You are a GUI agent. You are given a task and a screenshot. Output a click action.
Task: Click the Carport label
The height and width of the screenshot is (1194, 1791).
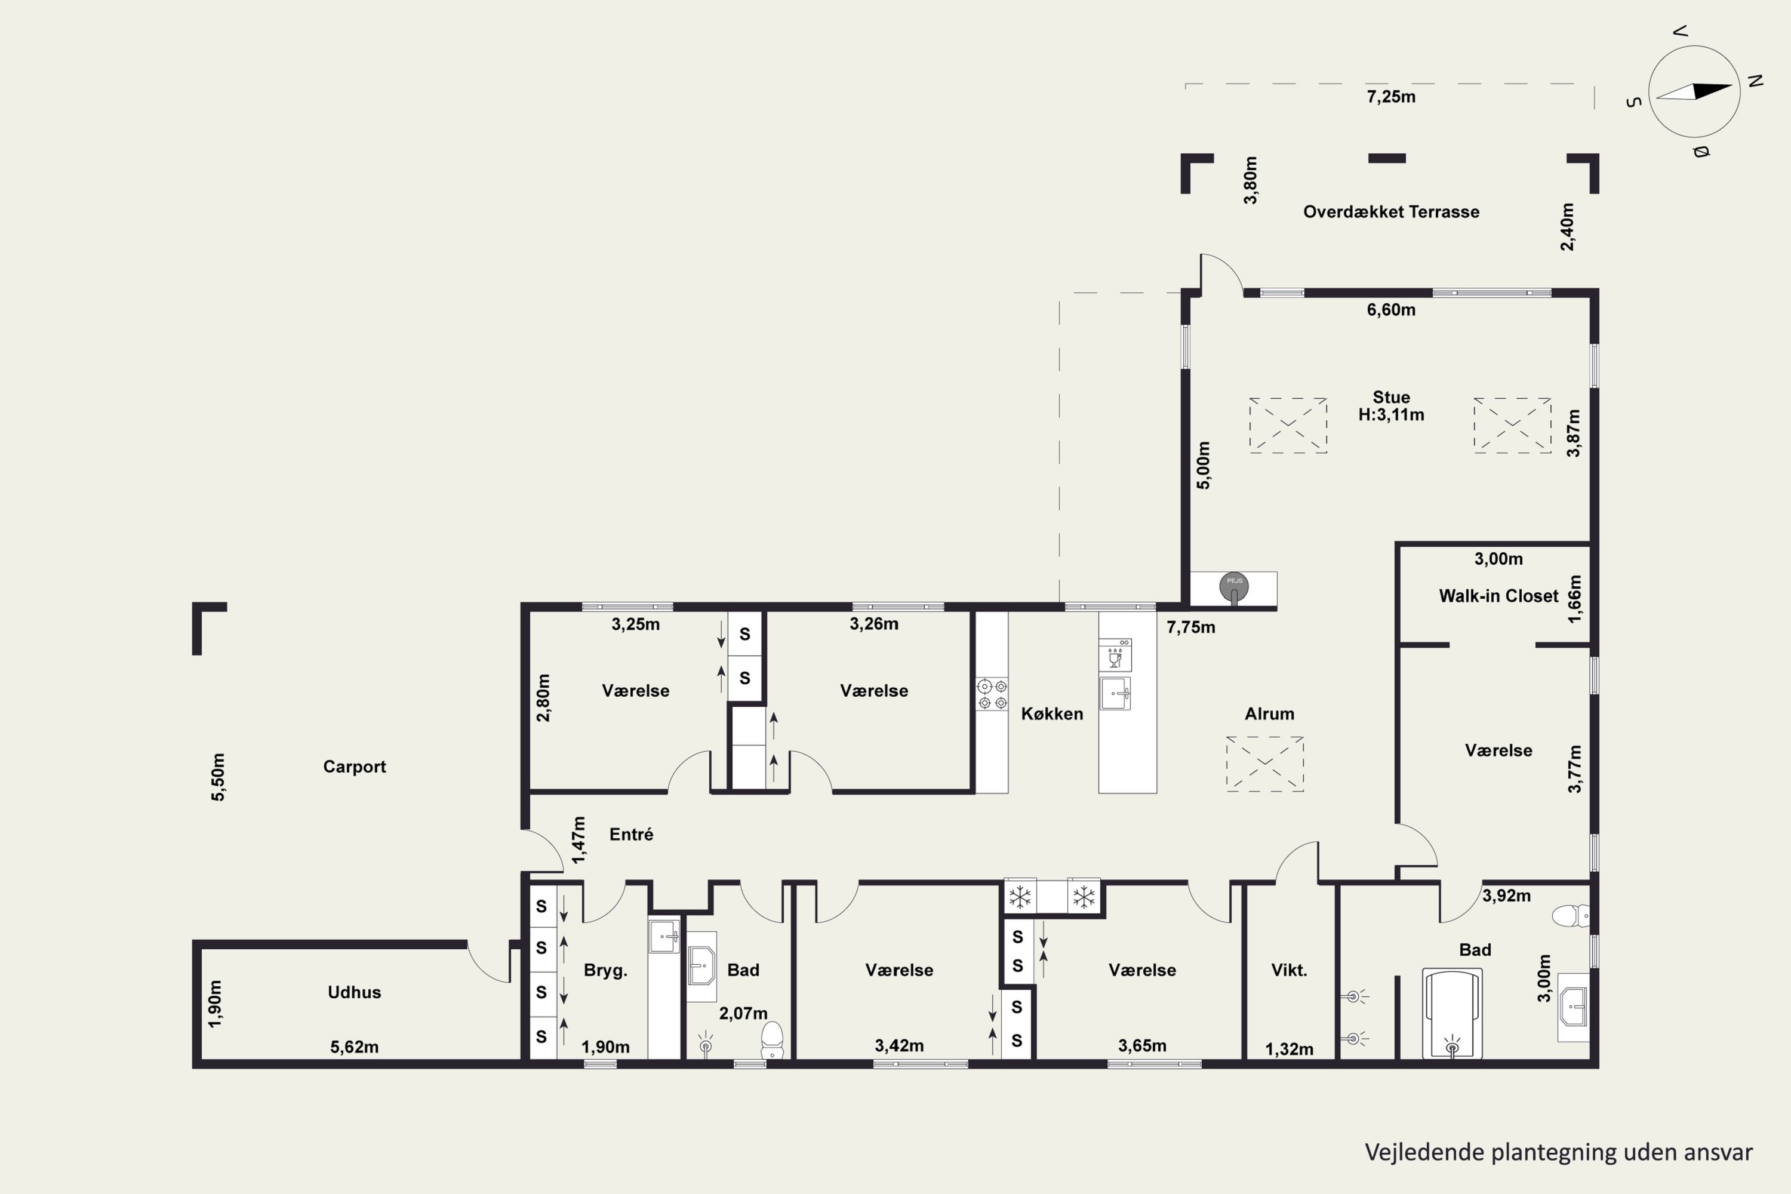[354, 767]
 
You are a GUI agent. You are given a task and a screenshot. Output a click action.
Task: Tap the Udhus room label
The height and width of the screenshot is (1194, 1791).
[354, 992]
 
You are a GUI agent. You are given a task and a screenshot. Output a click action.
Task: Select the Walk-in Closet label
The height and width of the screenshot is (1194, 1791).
[1498, 596]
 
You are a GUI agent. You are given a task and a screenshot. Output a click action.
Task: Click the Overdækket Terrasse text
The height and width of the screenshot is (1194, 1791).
[1391, 212]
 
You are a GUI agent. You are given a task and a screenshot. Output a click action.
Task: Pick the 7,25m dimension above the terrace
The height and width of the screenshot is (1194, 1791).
[1391, 97]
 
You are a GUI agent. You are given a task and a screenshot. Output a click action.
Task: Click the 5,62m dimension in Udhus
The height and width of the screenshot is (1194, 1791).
[354, 1047]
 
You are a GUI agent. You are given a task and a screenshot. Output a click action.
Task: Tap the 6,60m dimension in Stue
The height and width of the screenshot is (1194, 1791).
[1391, 310]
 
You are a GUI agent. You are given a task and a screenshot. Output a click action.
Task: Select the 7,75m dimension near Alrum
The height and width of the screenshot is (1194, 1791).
[1191, 627]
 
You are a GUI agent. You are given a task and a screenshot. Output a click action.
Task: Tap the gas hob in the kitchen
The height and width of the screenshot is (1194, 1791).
[992, 694]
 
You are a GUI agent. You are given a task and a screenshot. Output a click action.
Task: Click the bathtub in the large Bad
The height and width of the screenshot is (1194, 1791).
[1452, 1014]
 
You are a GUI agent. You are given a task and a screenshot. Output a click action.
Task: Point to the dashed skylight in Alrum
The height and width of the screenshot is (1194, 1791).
[1265, 764]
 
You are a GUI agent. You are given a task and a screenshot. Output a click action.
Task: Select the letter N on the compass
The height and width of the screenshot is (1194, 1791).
[1756, 80]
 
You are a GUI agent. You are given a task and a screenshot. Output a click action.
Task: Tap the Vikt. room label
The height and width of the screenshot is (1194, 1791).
[1289, 970]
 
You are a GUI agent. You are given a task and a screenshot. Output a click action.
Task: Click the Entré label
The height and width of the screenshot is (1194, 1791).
[631, 834]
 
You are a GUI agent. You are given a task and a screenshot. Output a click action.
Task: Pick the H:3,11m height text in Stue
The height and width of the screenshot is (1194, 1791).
[1391, 415]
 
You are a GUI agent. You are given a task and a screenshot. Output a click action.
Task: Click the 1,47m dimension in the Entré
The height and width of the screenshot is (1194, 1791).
[578, 840]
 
